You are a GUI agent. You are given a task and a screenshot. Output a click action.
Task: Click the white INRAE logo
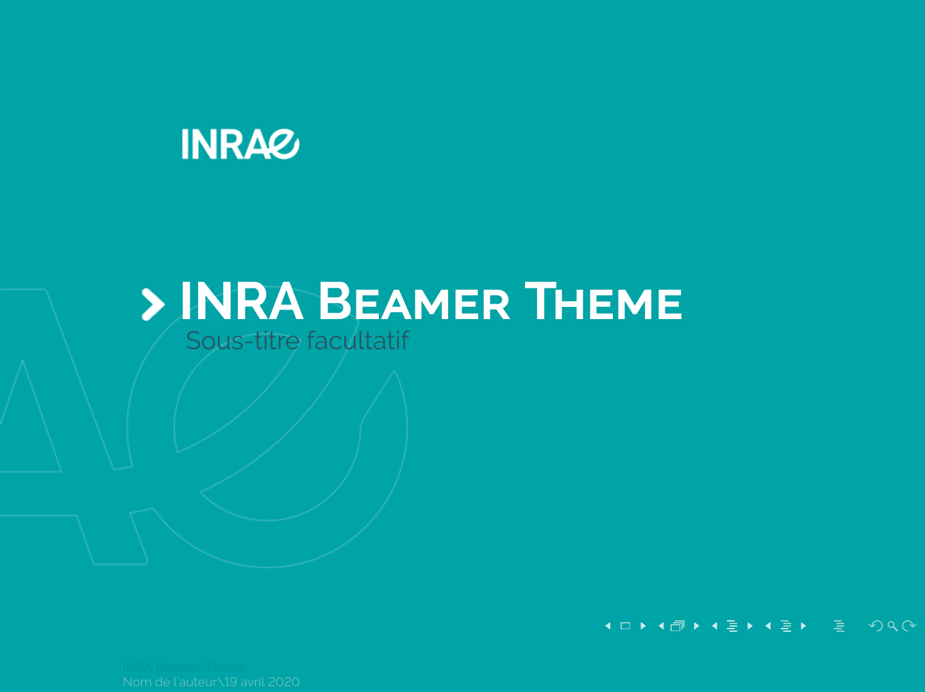240,144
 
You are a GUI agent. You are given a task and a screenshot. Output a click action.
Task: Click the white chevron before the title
153,304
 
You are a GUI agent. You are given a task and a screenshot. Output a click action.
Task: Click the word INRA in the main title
241,301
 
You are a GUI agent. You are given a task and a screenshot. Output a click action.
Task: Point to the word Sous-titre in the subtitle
242,341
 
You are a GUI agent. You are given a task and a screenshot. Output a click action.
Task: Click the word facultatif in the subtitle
358,341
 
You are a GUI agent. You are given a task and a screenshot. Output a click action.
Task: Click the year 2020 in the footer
284,682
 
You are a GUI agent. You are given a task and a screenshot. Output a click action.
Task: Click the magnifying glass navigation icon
892,626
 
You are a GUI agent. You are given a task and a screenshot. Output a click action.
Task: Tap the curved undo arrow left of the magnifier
876,625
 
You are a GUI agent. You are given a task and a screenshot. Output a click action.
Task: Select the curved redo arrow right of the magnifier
909,625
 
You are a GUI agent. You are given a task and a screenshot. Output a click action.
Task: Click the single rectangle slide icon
625,626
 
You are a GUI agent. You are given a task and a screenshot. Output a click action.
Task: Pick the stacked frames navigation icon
678,626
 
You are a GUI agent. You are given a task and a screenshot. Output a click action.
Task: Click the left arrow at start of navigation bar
608,626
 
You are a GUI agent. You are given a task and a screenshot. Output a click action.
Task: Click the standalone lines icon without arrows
839,626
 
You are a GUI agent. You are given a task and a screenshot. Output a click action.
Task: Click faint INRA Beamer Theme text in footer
185,667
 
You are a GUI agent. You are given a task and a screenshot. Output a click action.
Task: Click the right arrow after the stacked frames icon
697,626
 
